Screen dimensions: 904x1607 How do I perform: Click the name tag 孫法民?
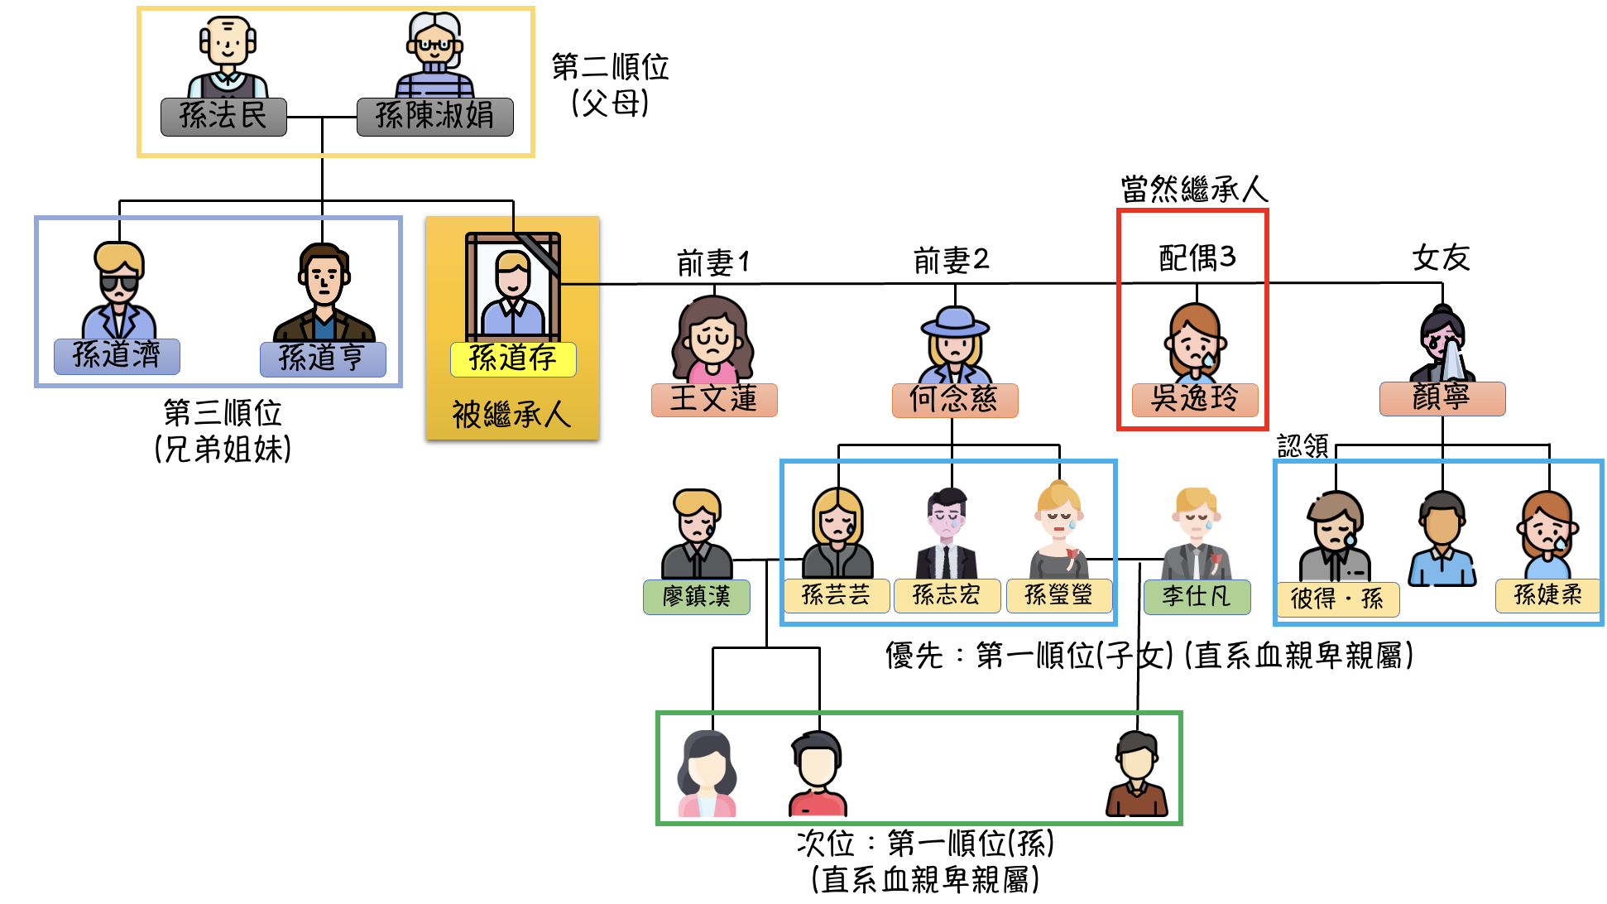click(223, 117)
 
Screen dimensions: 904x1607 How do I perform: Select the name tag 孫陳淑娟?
click(434, 117)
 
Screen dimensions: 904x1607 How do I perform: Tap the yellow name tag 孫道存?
click(513, 359)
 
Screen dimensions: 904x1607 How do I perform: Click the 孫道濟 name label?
click(117, 356)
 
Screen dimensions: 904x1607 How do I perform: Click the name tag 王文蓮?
click(714, 400)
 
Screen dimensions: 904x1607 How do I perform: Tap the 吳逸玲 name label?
click(1195, 400)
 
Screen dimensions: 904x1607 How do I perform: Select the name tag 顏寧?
click(1442, 398)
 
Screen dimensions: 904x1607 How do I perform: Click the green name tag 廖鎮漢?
click(697, 597)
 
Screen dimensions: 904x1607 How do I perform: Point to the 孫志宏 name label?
click(947, 595)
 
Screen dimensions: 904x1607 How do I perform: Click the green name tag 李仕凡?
click(1197, 596)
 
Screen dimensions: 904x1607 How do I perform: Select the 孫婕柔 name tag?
click(1547, 595)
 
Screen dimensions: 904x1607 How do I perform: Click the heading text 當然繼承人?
click(1194, 190)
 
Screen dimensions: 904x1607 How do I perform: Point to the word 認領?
click(1302, 447)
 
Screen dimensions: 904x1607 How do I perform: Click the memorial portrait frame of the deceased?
click(513, 286)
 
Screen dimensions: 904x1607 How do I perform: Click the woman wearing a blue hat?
click(955, 344)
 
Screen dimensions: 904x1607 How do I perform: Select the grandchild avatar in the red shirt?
click(818, 774)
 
